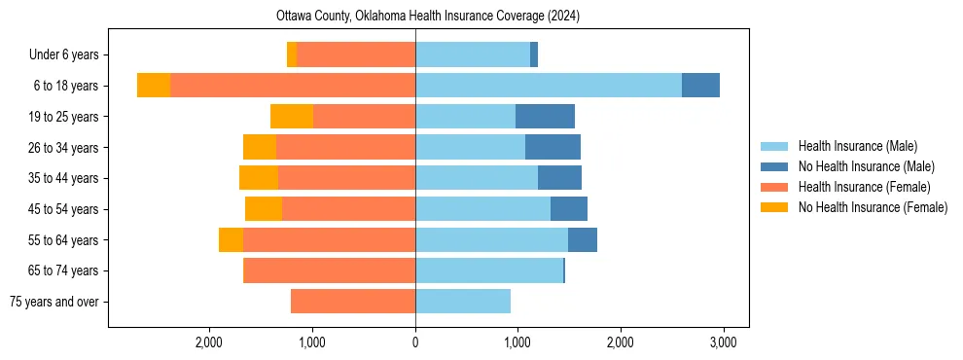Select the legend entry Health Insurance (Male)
pyautogui.click(x=857, y=146)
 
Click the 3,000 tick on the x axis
pyautogui.click(x=722, y=342)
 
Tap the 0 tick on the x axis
pyautogui.click(x=415, y=342)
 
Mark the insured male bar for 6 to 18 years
pyautogui.click(x=548, y=86)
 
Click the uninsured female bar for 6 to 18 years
pyautogui.click(x=154, y=86)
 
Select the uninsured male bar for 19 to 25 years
pyautogui.click(x=545, y=117)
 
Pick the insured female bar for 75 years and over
pyautogui.click(x=353, y=302)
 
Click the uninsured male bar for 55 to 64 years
pyautogui.click(x=583, y=240)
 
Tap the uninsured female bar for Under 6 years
pyautogui.click(x=292, y=54)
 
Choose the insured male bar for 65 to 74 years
pyautogui.click(x=489, y=270)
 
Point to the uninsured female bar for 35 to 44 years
pyautogui.click(x=259, y=178)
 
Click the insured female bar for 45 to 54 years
pyautogui.click(x=348, y=209)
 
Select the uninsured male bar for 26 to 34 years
pyautogui.click(x=553, y=147)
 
